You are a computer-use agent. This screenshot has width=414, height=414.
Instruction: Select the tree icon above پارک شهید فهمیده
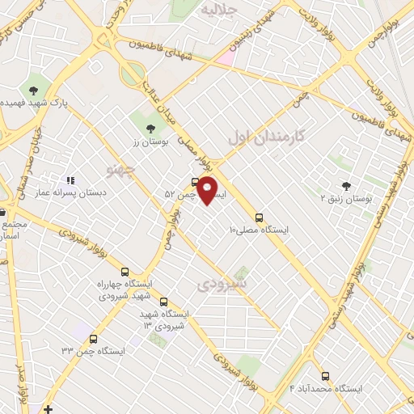point(34,91)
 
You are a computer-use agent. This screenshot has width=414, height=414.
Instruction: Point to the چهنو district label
point(121,168)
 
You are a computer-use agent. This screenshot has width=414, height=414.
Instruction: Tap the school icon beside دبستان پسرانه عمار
point(70,180)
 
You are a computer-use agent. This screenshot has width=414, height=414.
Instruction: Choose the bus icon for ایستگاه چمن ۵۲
point(195,181)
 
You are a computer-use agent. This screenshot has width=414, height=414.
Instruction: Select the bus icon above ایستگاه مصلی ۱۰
point(259,217)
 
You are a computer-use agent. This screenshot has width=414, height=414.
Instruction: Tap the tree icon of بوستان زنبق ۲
point(346,185)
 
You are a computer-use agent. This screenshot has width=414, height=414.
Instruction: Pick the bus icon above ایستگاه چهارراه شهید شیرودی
point(124,272)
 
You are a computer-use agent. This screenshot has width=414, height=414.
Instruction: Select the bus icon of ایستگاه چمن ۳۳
point(94,340)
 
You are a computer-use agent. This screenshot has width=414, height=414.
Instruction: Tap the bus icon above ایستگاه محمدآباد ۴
point(325,376)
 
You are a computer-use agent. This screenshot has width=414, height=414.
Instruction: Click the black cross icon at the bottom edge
point(49,408)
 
